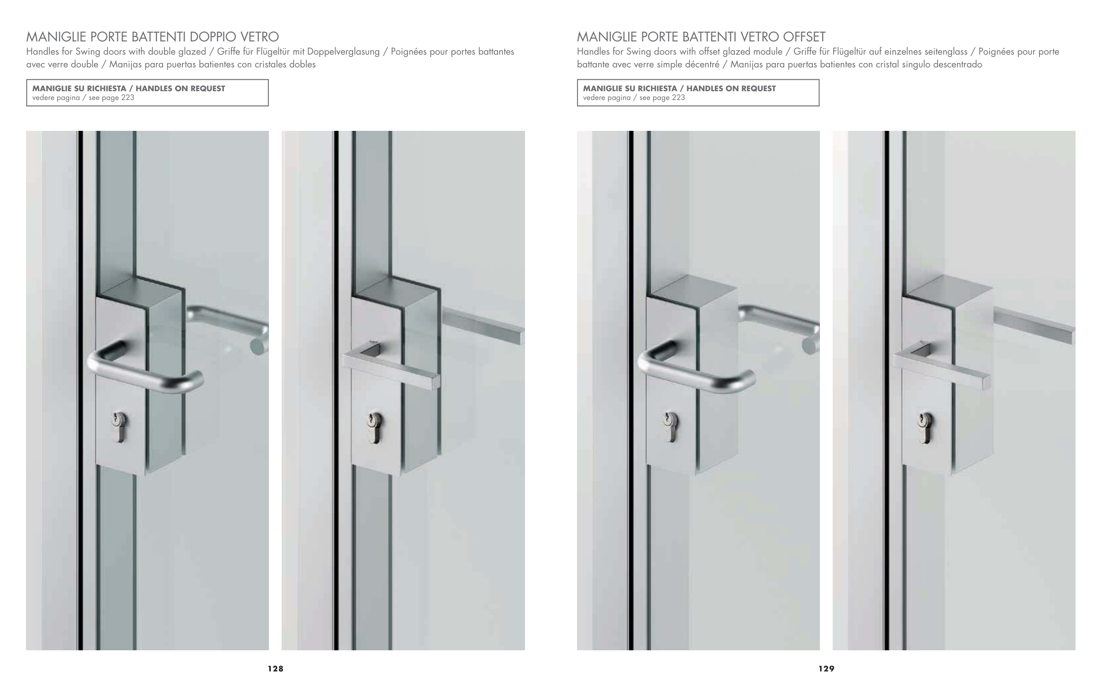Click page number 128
coord(275,668)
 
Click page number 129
coord(826,668)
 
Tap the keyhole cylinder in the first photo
coord(119,427)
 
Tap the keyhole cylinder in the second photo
coord(375,428)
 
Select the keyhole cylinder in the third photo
coord(670,427)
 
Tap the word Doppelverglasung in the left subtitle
coord(343,52)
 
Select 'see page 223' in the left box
coord(112,98)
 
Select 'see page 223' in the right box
coord(662,98)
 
